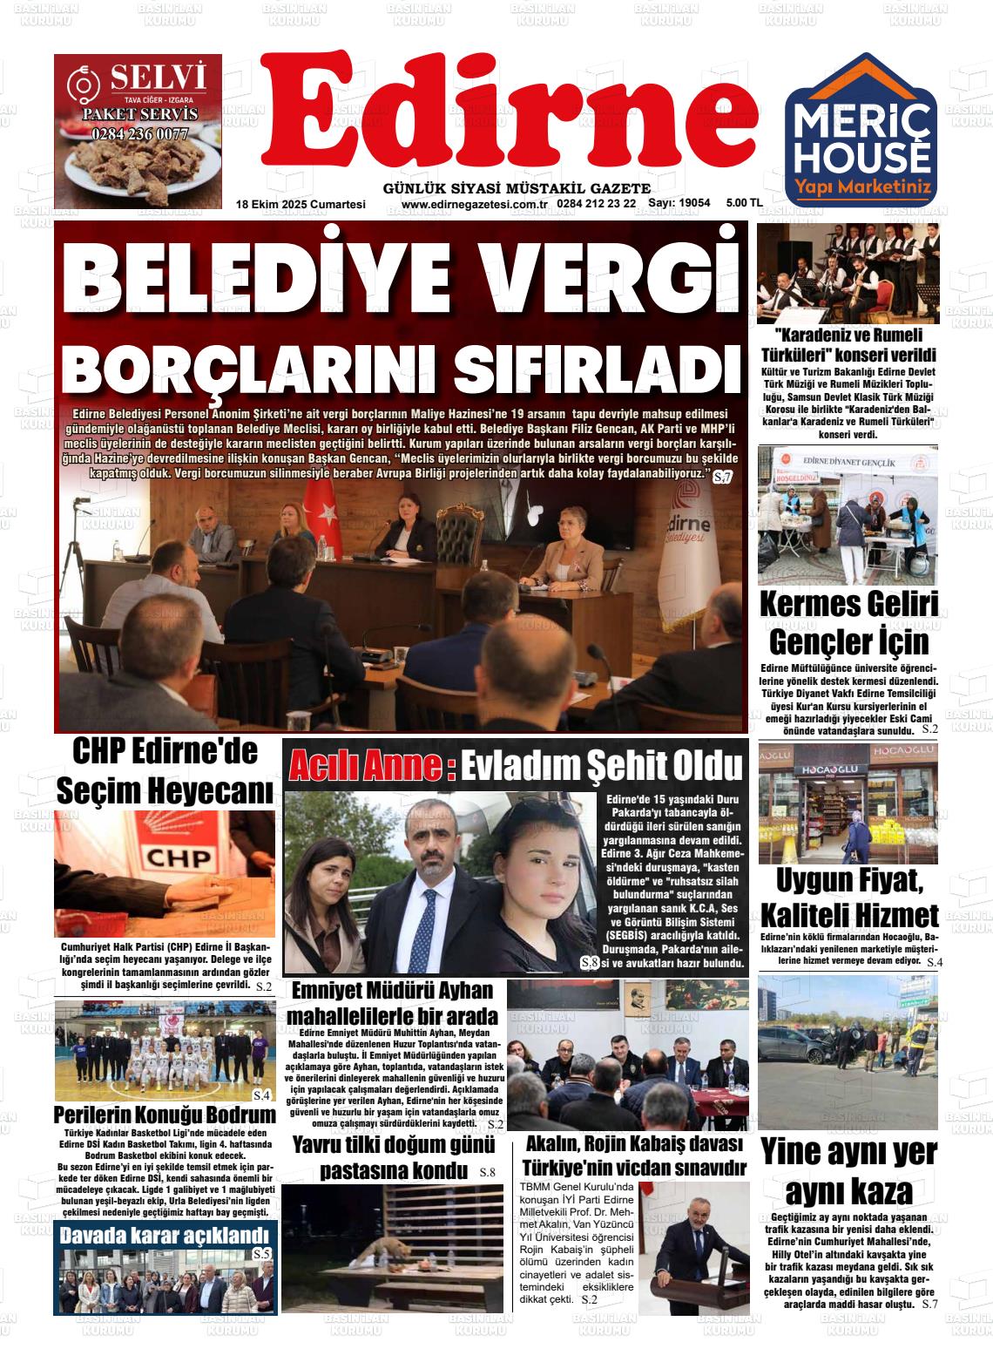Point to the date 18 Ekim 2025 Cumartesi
(301, 204)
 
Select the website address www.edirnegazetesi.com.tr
(473, 204)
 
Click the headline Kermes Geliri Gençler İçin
(848, 624)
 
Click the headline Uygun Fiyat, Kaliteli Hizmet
(848, 898)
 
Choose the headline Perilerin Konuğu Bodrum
(165, 1115)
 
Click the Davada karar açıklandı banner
(164, 1236)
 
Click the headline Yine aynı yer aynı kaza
(848, 1170)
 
